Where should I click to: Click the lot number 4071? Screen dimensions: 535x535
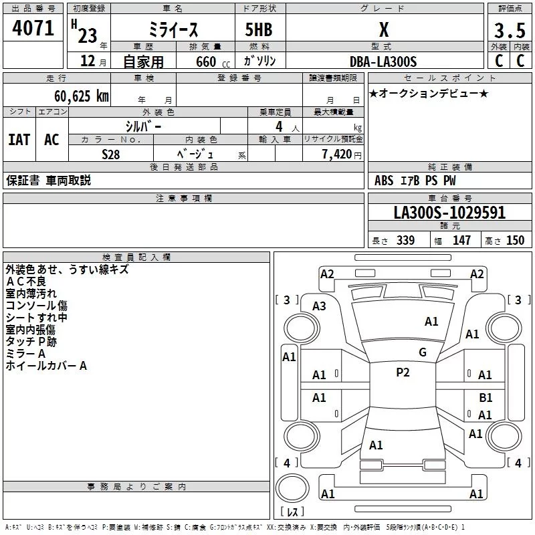(33, 30)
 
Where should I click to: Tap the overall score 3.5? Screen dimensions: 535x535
(509, 31)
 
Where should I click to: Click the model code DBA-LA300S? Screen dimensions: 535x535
(383, 62)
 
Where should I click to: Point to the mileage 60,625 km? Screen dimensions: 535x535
(74, 96)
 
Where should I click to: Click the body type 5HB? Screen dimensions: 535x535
(259, 30)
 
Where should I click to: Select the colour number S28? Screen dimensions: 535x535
(111, 154)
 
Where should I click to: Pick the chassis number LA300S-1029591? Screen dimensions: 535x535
(449, 213)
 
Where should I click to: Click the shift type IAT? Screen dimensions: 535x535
(19, 139)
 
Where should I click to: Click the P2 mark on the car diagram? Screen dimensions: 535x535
(403, 372)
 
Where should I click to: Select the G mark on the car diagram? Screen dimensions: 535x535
(422, 352)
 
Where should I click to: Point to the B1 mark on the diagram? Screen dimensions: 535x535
(486, 397)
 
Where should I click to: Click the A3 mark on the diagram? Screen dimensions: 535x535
(319, 306)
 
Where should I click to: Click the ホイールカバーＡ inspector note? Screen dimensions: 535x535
(46, 366)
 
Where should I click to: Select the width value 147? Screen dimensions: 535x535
(461, 241)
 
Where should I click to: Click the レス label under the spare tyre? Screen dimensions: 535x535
(292, 512)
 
